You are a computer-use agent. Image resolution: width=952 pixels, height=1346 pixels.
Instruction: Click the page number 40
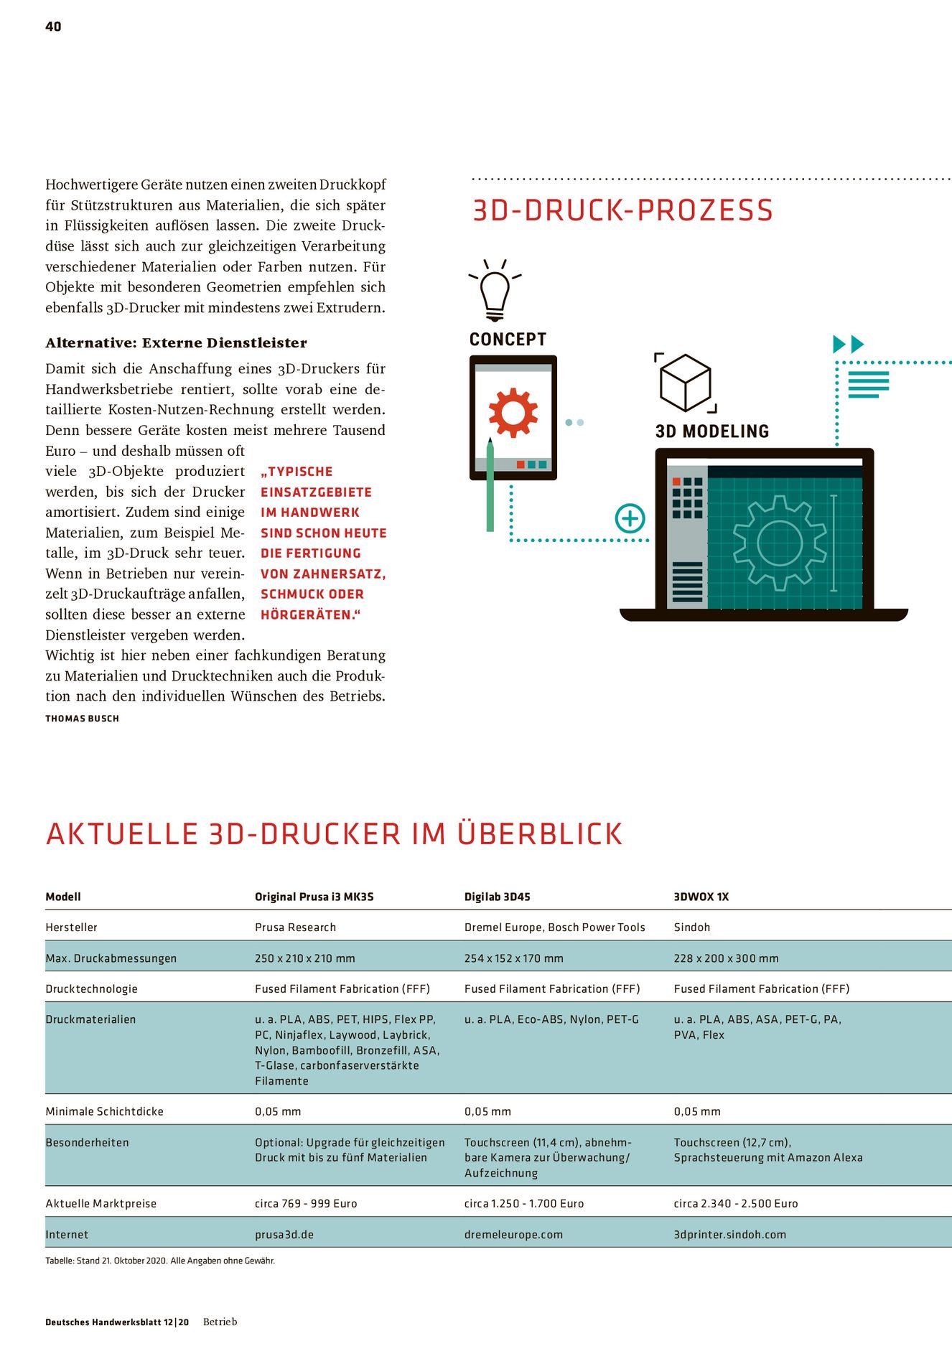click(53, 27)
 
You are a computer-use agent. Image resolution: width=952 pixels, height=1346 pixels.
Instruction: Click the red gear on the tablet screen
click(513, 413)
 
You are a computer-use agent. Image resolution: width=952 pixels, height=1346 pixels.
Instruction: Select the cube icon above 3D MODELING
click(685, 383)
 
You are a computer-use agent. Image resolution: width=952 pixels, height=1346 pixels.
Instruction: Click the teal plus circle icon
click(630, 518)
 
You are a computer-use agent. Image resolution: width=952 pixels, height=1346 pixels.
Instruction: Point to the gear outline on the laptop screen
click(779, 542)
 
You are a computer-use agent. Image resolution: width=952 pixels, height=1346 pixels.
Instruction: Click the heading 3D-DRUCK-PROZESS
click(622, 210)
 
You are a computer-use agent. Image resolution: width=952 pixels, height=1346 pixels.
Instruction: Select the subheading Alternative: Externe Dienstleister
click(176, 343)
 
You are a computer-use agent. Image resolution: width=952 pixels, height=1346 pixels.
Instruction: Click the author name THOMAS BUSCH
click(82, 719)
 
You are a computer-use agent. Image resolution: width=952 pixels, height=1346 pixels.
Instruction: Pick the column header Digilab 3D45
click(497, 897)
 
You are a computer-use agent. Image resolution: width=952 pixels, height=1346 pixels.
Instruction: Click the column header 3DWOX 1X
click(701, 897)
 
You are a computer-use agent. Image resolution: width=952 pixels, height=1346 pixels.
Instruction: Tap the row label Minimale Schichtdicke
click(104, 1111)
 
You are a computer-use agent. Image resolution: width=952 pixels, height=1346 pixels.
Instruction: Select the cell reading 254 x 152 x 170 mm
click(513, 958)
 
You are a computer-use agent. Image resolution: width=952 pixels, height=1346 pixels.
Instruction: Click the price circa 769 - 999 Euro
click(306, 1203)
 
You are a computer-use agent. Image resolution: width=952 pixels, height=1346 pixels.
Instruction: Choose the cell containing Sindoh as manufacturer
click(691, 927)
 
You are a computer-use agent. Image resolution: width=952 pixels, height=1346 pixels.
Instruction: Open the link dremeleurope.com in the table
click(513, 1235)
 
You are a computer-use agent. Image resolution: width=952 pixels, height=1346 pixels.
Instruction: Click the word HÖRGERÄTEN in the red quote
click(307, 615)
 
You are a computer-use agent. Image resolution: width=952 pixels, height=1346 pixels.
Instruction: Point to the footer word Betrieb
click(220, 1322)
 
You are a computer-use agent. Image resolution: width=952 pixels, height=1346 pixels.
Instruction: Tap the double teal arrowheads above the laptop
click(848, 345)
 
